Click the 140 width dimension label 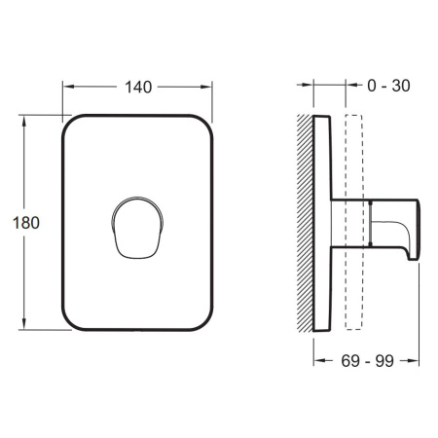pos(138,88)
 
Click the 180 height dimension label pos(26,223)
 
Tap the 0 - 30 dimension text pos(388,86)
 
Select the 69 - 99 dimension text pos(367,361)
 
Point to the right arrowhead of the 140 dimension pos(206,87)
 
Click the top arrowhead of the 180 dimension pos(23,122)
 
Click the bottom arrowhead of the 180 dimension pos(23,323)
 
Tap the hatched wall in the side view pos(305,223)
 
